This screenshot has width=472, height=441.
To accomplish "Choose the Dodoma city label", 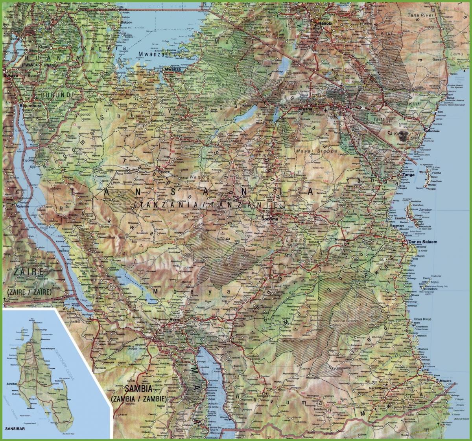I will [x=271, y=219].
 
